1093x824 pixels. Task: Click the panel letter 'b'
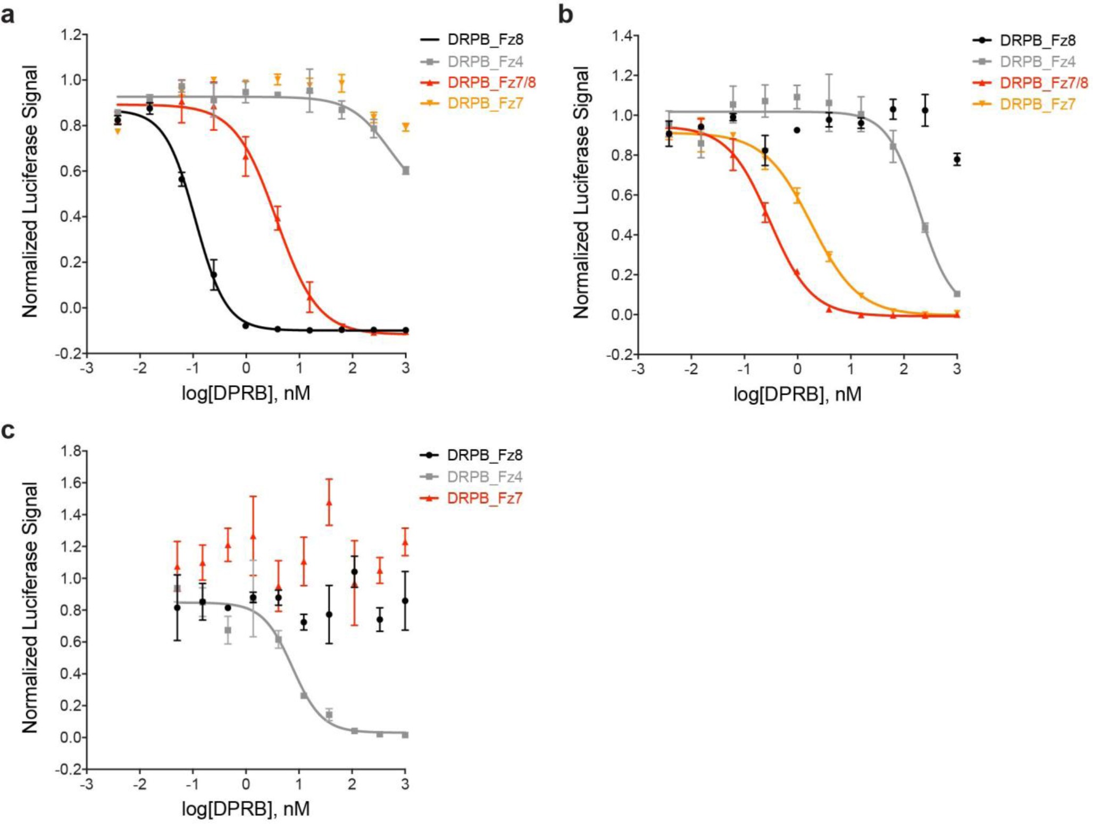click(565, 15)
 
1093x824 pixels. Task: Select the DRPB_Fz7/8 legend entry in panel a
click(490, 82)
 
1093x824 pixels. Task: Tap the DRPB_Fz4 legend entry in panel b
click(1037, 62)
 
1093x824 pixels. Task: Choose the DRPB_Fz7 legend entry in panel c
click(484, 498)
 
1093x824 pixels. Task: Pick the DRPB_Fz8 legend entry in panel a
click(485, 39)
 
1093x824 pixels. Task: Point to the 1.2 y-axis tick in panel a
click(71, 35)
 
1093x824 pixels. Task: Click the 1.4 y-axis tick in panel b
click(622, 36)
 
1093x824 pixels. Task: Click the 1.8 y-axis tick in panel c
click(71, 451)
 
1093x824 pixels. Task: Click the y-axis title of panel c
click(30, 608)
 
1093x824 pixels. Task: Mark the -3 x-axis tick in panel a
click(87, 368)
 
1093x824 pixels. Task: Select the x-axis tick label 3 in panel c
click(405, 784)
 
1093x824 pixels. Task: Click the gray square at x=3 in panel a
click(406, 171)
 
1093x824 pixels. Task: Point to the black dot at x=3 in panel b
click(957, 159)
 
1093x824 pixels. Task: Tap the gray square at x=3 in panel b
click(957, 294)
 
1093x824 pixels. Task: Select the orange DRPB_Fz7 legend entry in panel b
click(1037, 104)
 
